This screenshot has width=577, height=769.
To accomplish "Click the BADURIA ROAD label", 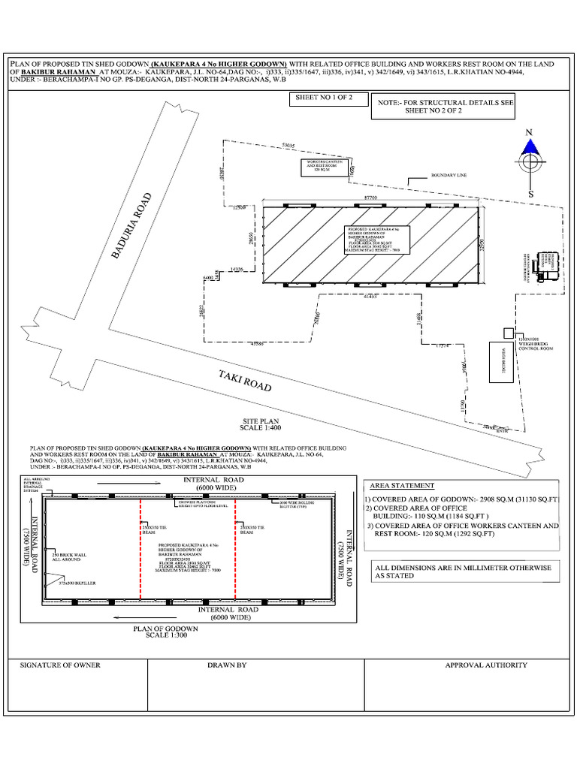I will pos(132,227).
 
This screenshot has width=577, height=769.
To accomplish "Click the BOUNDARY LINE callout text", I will pos(449,175).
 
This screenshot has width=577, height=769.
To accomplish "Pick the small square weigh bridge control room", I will pos(509,332).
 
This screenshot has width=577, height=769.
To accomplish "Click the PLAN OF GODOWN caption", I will pos(165,628).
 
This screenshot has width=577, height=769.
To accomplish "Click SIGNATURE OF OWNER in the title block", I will pos(60,665).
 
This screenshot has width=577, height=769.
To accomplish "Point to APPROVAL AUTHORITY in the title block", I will pos(486,665).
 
